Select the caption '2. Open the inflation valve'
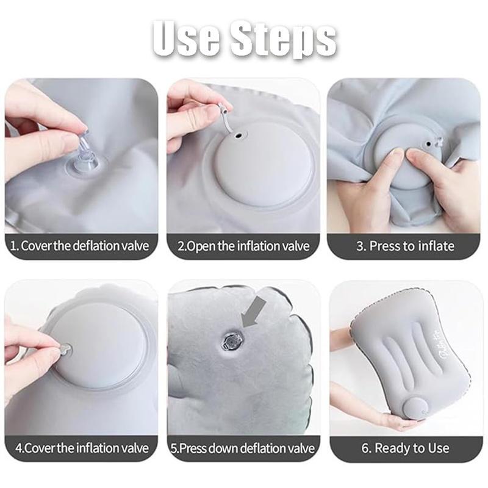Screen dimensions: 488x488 [x=243, y=246]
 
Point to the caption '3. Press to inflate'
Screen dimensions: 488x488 [x=405, y=246]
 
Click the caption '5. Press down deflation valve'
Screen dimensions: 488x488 [x=243, y=448]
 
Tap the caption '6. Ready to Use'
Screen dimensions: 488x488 [x=405, y=448]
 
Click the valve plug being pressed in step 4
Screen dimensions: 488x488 [x=64, y=350]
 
